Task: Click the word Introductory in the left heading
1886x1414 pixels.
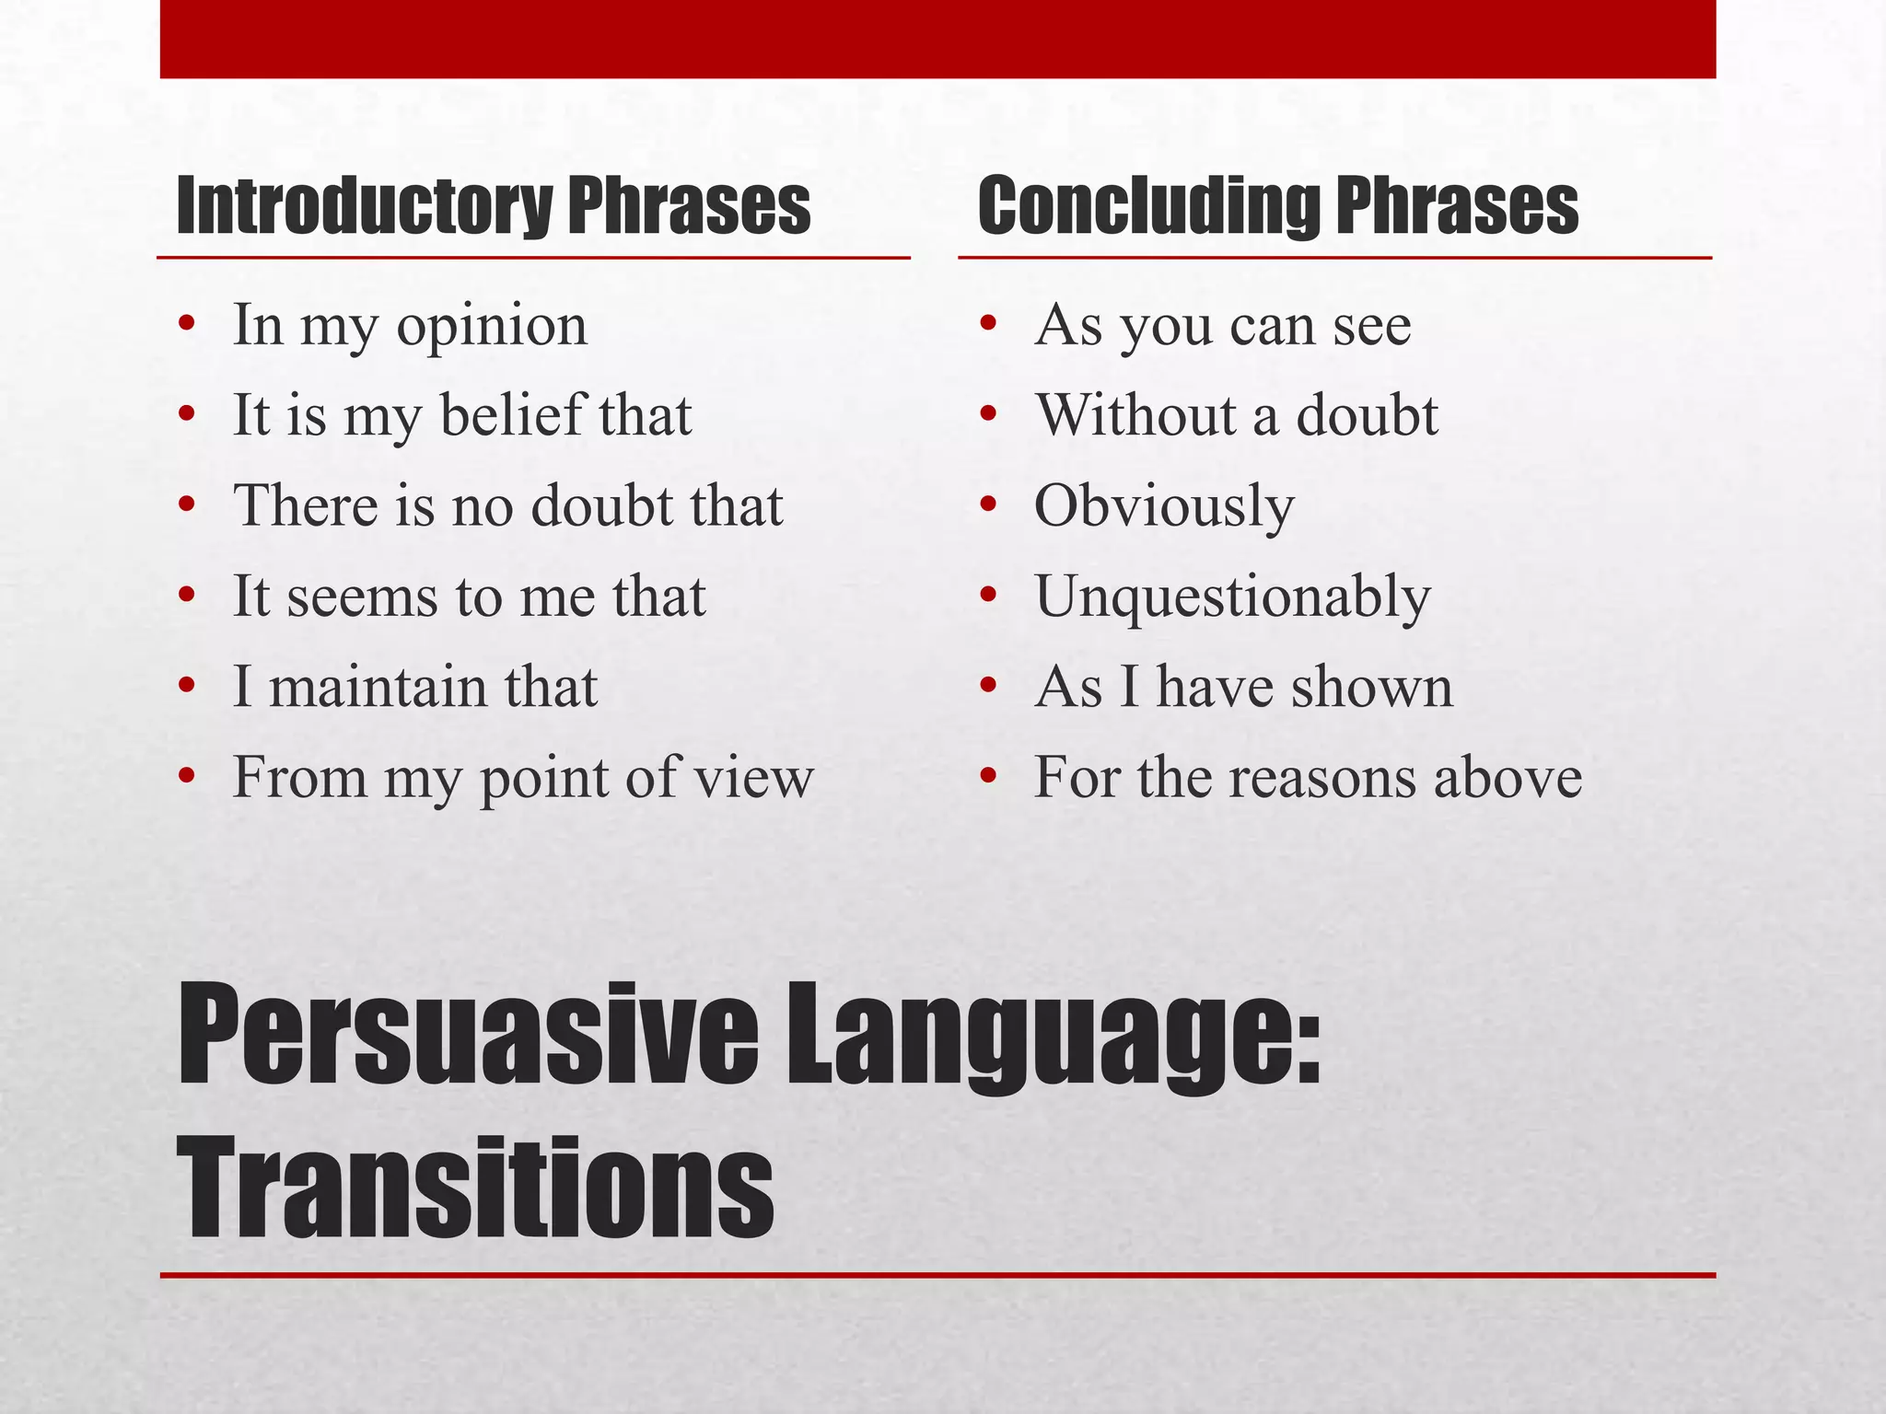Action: (364, 206)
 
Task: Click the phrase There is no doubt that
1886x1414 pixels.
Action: (507, 505)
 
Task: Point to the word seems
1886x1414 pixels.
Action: (361, 597)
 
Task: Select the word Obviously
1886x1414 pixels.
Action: (1164, 507)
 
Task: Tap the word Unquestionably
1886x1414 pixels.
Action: (1232, 597)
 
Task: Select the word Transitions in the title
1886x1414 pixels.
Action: (475, 1188)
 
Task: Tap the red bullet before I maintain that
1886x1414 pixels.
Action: (187, 687)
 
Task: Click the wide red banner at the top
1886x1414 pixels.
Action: (937, 39)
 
